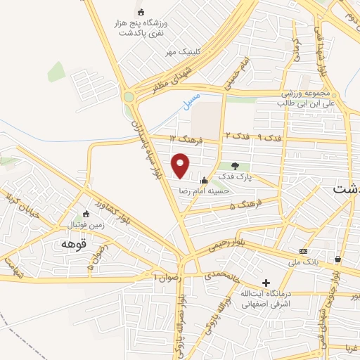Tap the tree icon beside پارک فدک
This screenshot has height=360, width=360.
click(x=235, y=165)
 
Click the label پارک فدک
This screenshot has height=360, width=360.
click(x=232, y=176)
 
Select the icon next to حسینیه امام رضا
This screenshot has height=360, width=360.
click(x=205, y=180)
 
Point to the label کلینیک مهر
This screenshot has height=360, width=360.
click(x=183, y=51)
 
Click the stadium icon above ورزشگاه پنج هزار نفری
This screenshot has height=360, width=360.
click(x=141, y=12)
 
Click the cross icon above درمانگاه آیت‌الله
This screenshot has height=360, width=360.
click(x=265, y=283)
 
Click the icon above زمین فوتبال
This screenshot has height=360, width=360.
click(x=86, y=214)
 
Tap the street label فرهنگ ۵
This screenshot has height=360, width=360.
click(x=249, y=202)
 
